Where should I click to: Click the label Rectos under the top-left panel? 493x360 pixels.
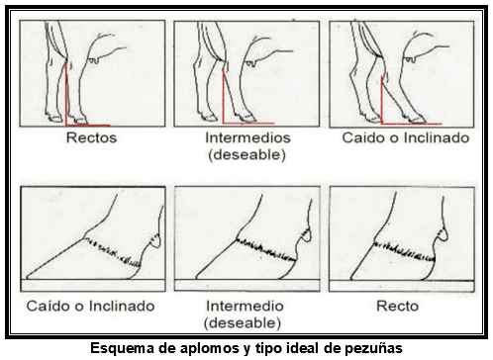(x=91, y=137)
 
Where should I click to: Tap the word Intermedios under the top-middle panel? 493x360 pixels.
(x=247, y=137)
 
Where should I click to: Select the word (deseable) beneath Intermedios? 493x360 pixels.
(x=246, y=155)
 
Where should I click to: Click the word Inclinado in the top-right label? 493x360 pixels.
(x=437, y=137)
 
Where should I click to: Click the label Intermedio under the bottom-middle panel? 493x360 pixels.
(x=245, y=306)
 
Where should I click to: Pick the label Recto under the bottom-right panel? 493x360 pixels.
(x=397, y=306)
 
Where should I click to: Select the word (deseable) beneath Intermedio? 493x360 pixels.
(x=243, y=323)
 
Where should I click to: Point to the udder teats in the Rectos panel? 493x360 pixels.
(x=94, y=60)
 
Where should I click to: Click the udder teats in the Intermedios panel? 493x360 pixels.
(x=249, y=63)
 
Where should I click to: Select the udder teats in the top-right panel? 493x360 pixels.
(x=410, y=59)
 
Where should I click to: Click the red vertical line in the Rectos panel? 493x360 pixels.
(x=66, y=93)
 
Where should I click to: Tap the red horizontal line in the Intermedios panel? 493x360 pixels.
(x=248, y=124)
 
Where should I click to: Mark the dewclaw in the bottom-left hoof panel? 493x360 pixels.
(x=155, y=240)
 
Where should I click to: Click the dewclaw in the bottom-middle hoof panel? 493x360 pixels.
(x=307, y=234)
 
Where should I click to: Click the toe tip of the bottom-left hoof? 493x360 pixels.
(x=27, y=277)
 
